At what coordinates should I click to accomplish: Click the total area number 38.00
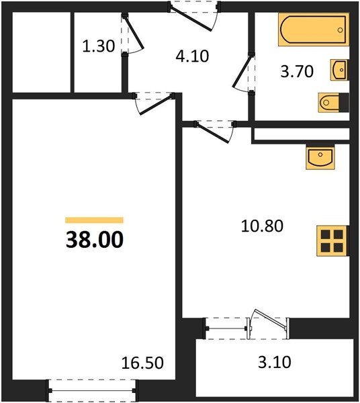94,240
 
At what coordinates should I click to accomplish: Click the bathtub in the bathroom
314,32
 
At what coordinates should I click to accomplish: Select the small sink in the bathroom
340,69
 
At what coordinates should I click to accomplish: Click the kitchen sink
320,157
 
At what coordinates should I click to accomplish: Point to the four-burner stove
332,240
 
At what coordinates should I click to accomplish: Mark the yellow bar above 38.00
94,220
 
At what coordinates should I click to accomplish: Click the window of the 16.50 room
93,388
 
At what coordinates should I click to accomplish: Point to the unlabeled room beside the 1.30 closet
42,52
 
